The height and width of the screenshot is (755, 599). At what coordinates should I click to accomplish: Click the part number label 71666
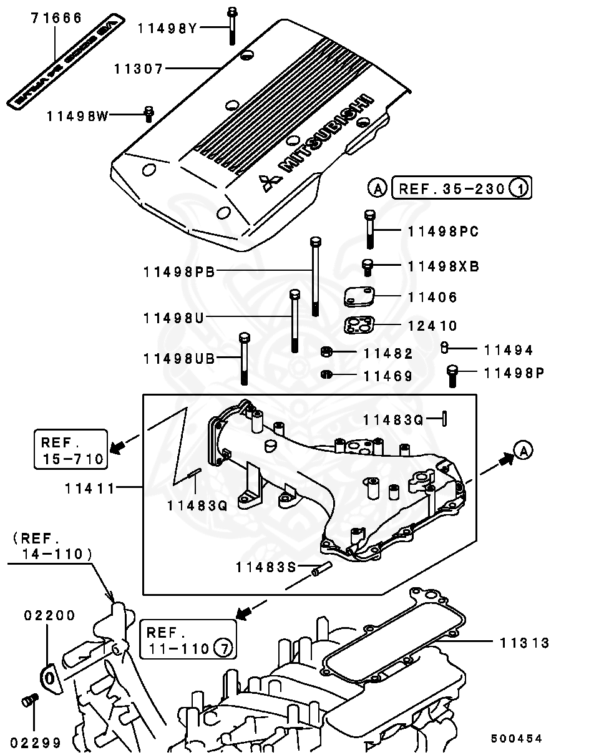57,17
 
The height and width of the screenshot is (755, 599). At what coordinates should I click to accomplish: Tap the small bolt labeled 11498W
149,114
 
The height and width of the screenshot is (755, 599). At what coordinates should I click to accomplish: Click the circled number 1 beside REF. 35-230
520,187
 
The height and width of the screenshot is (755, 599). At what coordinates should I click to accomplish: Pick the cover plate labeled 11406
359,296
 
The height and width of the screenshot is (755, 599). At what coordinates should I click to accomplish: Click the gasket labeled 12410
359,325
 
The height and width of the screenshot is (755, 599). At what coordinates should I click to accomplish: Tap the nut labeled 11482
326,353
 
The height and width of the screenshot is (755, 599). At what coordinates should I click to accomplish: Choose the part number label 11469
389,376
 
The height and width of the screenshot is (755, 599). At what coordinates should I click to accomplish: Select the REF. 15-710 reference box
70,449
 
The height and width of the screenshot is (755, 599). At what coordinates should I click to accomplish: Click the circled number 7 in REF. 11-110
223,649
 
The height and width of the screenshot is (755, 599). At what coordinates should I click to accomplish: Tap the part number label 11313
524,643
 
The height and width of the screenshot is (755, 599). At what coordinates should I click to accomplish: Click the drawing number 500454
516,738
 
